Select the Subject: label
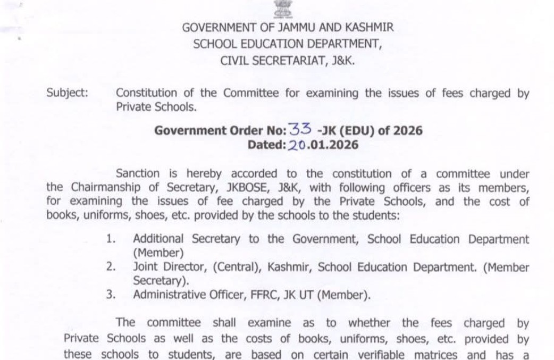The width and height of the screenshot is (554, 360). pyautogui.click(x=67, y=93)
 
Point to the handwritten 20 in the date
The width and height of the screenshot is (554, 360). pyautogui.click(x=297, y=145)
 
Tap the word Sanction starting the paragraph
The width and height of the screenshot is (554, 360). pyautogui.click(x=137, y=173)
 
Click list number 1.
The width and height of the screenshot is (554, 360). pyautogui.click(x=110, y=239)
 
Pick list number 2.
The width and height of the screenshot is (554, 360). pyautogui.click(x=110, y=267)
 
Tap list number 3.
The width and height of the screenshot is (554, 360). pyautogui.click(x=110, y=295)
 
